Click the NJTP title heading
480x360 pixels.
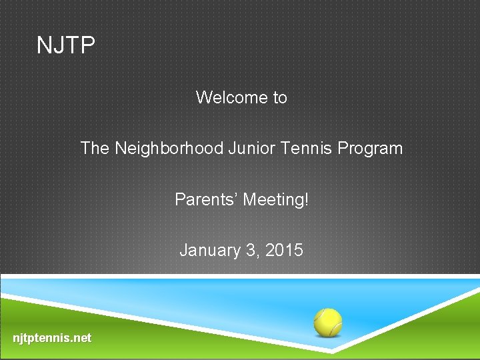pos(66,46)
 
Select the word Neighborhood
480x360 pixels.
pos(169,148)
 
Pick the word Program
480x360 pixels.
pos(371,149)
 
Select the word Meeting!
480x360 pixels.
pos(276,199)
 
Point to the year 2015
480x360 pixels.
pos(284,251)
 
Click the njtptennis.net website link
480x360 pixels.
pos(52,338)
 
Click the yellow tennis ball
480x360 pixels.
pos(328,321)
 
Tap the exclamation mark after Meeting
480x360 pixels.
pos(306,199)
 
